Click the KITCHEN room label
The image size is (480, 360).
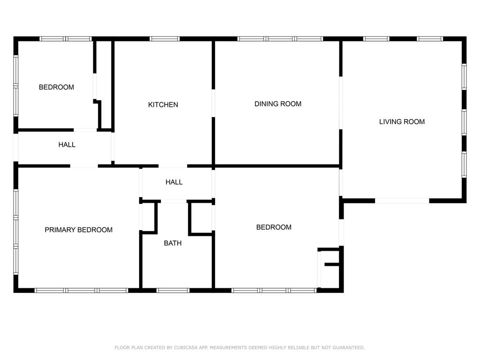coord(163,105)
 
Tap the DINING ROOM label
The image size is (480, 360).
coord(277,104)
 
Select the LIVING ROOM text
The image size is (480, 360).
coord(402,122)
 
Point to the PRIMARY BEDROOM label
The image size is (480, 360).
coord(78,230)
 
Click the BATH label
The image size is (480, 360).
coord(172,243)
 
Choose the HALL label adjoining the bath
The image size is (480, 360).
coord(174,182)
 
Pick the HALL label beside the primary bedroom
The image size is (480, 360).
coord(67,145)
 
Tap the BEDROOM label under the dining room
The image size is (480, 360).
coord(274,227)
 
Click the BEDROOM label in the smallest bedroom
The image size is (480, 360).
coord(56,87)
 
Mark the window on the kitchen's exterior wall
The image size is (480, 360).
coord(165,39)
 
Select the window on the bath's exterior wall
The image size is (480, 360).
coord(173,291)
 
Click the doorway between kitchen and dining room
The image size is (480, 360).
coord(214,103)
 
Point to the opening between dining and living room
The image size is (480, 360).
coord(341,103)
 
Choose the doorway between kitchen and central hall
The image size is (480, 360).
coord(172,166)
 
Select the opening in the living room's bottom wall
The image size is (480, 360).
coord(402,201)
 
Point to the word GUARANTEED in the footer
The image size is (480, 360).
coord(348,348)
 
